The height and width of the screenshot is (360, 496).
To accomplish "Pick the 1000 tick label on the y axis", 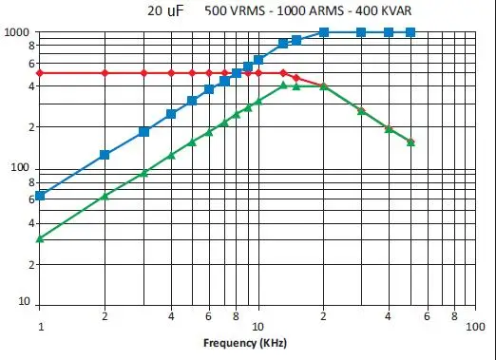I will click(17, 32).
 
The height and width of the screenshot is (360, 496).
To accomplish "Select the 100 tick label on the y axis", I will click(20, 168).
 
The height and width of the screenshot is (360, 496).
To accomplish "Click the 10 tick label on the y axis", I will click(23, 303).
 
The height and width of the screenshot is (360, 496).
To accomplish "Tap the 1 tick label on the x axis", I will click(40, 326).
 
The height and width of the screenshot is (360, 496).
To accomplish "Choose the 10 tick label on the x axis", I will click(258, 326).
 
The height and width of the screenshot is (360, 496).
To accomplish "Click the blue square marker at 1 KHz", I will click(40, 196).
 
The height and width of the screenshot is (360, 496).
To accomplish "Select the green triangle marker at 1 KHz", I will click(40, 238).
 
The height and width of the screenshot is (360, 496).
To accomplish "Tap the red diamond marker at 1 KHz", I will click(40, 73).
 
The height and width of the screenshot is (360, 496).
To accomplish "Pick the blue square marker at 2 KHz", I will click(105, 155).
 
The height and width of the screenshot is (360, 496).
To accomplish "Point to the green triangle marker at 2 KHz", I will click(105, 196).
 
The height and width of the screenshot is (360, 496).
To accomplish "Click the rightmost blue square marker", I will click(410, 32).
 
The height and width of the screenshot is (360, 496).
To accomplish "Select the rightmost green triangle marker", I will click(410, 142).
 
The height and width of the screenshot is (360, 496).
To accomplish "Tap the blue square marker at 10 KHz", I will click(258, 60).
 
